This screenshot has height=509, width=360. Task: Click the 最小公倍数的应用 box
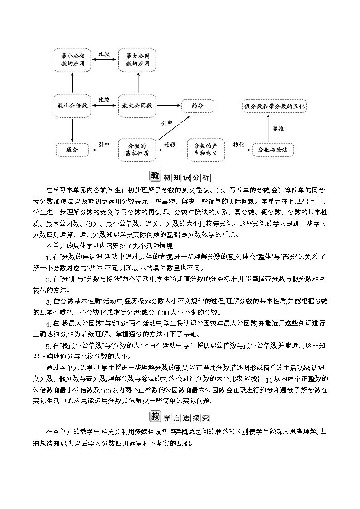pyautogui.click(x=73, y=60)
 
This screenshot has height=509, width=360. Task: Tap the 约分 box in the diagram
pyautogui.click(x=198, y=106)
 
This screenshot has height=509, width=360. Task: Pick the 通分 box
pyautogui.click(x=72, y=149)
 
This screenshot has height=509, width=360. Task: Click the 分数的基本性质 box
pyautogui.click(x=137, y=150)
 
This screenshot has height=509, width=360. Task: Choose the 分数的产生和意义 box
pyautogui.click(x=206, y=150)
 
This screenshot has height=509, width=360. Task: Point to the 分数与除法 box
pyautogui.click(x=273, y=149)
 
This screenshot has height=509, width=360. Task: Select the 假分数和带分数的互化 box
pyautogui.click(x=275, y=106)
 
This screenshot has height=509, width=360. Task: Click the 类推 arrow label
pyautogui.click(x=278, y=129)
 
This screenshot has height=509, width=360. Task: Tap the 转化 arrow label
pyautogui.click(x=238, y=144)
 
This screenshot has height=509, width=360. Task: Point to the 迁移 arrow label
pyautogui.click(x=170, y=145)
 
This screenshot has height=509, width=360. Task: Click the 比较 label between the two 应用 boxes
pyautogui.click(x=105, y=54)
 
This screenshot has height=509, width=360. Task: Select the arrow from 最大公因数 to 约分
pyautogui.click(x=168, y=106)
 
